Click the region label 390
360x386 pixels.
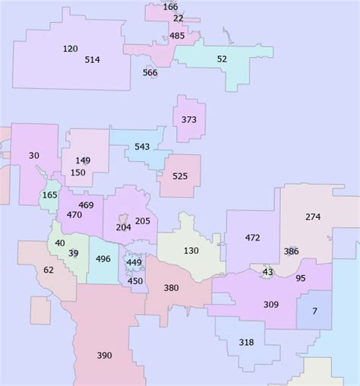[105, 355]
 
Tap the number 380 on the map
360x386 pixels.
[172, 288]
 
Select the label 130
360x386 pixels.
[191, 251]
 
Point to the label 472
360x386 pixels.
[252, 238]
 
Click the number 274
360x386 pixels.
[313, 217]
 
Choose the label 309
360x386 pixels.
[270, 304]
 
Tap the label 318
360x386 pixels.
[246, 342]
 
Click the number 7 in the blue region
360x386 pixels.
[314, 311]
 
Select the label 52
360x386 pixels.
[222, 59]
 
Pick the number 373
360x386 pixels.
[189, 119]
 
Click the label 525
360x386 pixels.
[180, 176]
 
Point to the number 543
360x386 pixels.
[142, 147]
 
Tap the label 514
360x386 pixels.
[93, 59]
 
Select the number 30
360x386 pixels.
[33, 155]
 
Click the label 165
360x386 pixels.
[49, 195]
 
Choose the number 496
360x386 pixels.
[103, 258]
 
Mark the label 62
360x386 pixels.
[49, 270]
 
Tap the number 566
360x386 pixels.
[150, 72]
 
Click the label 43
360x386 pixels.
[267, 271]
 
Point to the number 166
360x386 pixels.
[170, 7]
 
